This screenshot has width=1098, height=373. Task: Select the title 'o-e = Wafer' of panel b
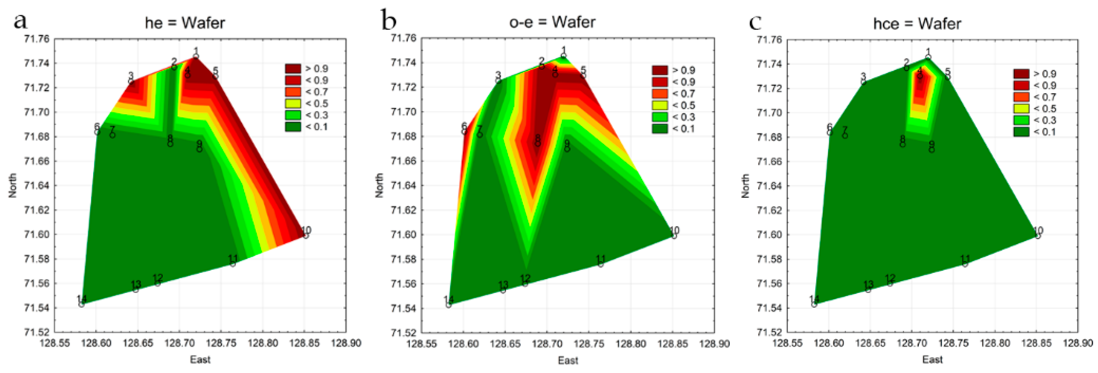tap(552, 22)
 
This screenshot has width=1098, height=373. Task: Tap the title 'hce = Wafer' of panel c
tap(917, 24)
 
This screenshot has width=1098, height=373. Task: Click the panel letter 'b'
tap(388, 21)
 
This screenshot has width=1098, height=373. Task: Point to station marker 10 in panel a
tap(306, 236)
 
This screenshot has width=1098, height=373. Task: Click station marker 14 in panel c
tap(814, 304)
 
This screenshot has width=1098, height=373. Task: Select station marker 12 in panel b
tap(525, 284)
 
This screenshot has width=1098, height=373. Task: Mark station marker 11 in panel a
tap(233, 264)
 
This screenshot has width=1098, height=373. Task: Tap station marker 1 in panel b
tap(563, 56)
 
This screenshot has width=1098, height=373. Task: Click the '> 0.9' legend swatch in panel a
tap(293, 69)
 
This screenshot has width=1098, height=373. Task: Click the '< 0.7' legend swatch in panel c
tap(1021, 97)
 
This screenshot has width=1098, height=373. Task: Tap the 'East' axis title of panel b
tap(568, 361)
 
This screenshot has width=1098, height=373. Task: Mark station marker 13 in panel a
tap(135, 290)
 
